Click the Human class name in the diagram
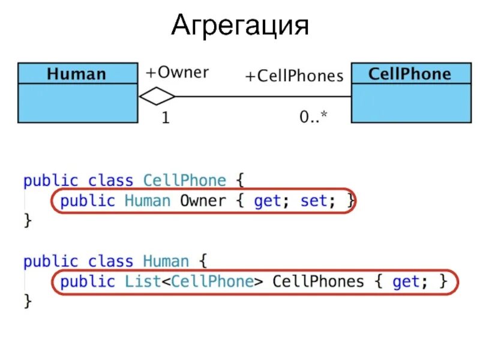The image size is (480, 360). (76, 74)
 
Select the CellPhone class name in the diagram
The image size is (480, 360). (409, 74)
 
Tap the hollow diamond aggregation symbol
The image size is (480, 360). (157, 96)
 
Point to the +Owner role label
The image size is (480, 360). (177, 73)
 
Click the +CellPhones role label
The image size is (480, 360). (294, 76)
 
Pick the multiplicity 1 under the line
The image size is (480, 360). (165, 118)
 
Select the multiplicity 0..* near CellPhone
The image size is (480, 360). (313, 118)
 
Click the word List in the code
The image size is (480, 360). (142, 281)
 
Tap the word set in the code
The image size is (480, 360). (313, 201)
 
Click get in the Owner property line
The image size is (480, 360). (267, 201)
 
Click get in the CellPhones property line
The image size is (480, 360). (405, 281)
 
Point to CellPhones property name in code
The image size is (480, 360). (318, 281)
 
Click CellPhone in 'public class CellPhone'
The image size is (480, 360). (185, 180)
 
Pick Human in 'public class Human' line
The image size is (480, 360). (166, 262)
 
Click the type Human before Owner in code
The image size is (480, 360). (148, 201)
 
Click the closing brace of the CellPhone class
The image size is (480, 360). (27, 220)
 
